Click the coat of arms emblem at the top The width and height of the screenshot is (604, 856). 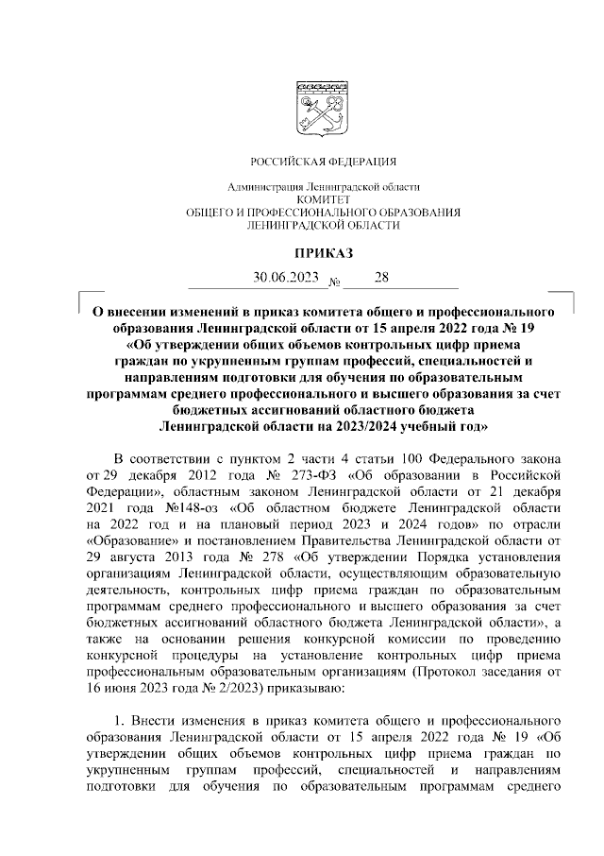[324, 105]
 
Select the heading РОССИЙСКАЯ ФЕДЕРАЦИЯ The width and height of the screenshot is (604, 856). [323, 162]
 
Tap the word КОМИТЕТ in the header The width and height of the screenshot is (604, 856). [324, 200]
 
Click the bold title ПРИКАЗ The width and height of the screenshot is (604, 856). [323, 252]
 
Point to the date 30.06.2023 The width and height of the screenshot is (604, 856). [284, 278]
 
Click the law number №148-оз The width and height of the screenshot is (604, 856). [184, 508]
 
